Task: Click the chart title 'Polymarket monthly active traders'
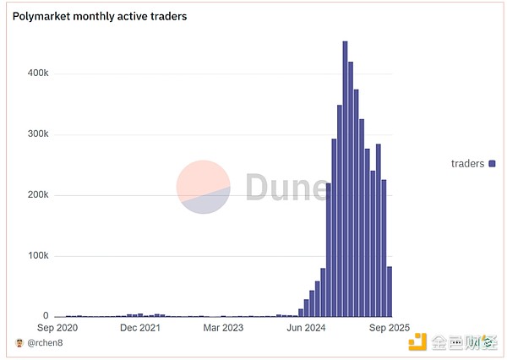100,16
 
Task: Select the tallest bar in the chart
345,178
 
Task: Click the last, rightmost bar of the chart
389,292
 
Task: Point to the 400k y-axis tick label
37,74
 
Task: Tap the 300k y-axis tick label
37,134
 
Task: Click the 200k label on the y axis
37,195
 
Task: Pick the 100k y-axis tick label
37,256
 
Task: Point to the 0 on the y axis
46,316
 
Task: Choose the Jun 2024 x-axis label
305,328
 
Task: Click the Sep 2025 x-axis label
389,328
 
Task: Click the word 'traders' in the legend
468,163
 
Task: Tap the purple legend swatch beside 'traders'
492,163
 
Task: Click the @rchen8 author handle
45,343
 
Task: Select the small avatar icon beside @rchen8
19,343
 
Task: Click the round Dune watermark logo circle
204,187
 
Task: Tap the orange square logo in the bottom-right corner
418,342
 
